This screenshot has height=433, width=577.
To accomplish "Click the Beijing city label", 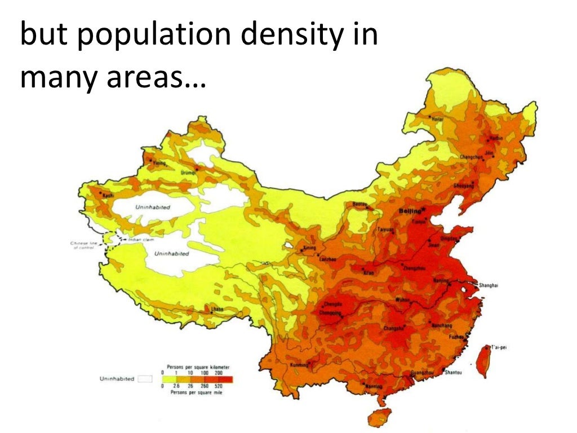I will click(x=409, y=211).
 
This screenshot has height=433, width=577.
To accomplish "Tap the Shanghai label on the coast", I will click(x=489, y=286).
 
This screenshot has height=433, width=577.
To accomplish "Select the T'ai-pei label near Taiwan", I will click(x=499, y=347).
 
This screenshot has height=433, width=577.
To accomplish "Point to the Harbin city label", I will click(x=495, y=138).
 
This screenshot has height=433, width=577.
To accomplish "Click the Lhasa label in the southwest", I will click(x=217, y=310).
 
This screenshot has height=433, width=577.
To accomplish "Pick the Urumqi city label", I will click(x=188, y=174).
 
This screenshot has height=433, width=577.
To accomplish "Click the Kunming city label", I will click(x=299, y=365).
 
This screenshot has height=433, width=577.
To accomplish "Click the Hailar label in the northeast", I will click(x=437, y=119).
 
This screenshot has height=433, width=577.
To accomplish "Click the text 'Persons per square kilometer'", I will click(x=194, y=366).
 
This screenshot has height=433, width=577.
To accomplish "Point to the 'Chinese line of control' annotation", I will click(x=85, y=245).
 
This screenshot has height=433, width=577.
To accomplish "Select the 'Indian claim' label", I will click(x=141, y=240).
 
